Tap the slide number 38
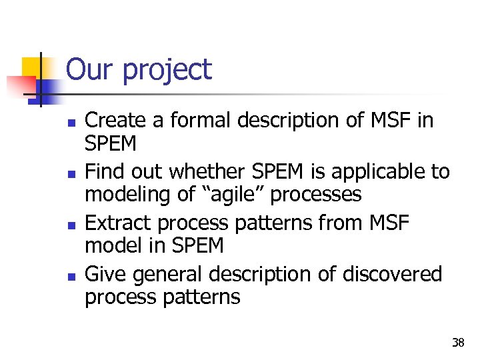pos(458,343)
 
